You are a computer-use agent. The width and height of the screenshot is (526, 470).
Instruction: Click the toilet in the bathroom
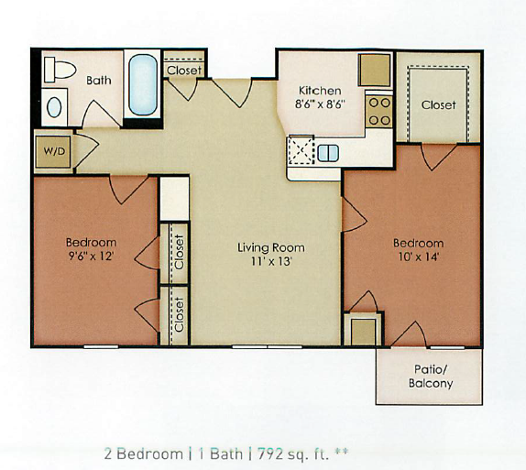pos(60,70)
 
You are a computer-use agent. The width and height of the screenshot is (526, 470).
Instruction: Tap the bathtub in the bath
pos(143,84)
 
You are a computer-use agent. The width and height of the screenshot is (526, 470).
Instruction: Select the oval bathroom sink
pos(54,107)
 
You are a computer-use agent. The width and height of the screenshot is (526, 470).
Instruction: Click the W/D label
pos(54,151)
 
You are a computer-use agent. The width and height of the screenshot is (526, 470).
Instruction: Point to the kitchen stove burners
pos(379,112)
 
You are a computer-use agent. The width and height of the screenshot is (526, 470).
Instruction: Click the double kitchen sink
pos(328,153)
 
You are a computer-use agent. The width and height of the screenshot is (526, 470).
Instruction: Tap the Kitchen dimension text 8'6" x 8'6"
pos(320,104)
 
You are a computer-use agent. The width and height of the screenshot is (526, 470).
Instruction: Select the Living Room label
pos(271,247)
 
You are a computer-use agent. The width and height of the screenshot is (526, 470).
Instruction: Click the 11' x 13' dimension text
pos(271,261)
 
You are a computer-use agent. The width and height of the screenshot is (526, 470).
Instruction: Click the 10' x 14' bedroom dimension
pos(419,257)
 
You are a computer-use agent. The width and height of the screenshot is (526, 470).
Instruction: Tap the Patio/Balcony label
pos(431,376)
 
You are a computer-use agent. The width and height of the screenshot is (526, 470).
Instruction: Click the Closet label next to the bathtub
pos(184,71)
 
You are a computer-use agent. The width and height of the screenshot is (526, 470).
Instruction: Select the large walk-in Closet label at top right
pos(438,105)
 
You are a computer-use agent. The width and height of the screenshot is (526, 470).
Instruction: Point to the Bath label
pos(99,81)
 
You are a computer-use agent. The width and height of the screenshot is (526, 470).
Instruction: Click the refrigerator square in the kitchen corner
pos(375,70)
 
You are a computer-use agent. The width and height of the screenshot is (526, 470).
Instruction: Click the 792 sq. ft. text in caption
pos(293,454)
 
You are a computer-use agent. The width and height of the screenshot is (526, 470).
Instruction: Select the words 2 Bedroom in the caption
pos(144,454)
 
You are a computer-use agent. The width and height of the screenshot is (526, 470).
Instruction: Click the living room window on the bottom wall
pos(267,346)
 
